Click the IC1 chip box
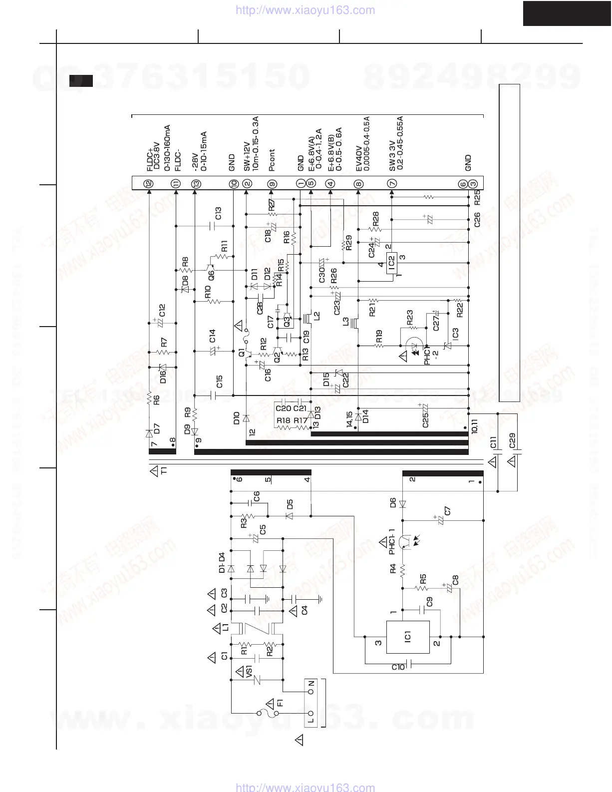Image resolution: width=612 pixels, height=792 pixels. pyautogui.click(x=408, y=637)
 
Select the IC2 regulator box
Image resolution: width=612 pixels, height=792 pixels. pyautogui.click(x=391, y=261)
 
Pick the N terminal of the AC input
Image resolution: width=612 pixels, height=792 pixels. pyautogui.click(x=311, y=692)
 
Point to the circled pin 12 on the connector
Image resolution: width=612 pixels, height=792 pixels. pyautogui.click(x=149, y=183)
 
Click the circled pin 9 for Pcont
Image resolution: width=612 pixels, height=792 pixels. pyautogui.click(x=272, y=183)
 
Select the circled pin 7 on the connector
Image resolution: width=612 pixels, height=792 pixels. pyautogui.click(x=392, y=183)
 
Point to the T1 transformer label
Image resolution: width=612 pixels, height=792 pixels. pyautogui.click(x=164, y=470)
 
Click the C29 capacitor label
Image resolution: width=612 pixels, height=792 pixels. pyautogui.click(x=512, y=440)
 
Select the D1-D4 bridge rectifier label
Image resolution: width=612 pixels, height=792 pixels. pyautogui.click(x=222, y=563)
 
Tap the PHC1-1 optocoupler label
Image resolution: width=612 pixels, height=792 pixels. pyautogui.click(x=392, y=542)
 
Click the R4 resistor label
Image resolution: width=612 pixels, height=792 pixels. pyautogui.click(x=393, y=568)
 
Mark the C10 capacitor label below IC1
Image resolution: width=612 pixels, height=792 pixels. pyautogui.click(x=398, y=667)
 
